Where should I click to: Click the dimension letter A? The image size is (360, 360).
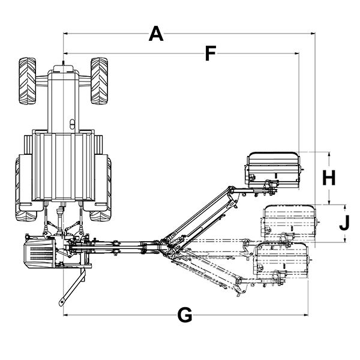(156, 34)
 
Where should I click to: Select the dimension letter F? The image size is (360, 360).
(211, 53)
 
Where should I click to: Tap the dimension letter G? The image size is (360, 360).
(185, 315)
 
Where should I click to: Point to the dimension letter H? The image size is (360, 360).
(329, 178)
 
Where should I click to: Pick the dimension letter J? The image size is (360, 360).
(344, 223)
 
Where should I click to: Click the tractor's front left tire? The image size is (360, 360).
(28, 80)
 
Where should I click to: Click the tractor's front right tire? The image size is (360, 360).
(99, 80)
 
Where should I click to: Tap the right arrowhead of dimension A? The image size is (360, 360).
(313, 34)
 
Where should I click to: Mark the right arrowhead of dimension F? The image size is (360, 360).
(296, 53)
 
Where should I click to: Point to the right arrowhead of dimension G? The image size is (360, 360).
(305, 315)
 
